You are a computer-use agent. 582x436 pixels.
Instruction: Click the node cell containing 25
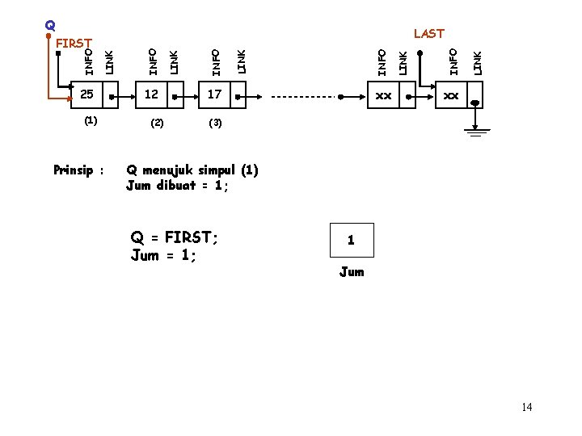[x=87, y=95]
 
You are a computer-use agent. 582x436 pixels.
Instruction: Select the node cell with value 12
[x=151, y=95]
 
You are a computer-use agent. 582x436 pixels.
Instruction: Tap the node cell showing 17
[x=214, y=95]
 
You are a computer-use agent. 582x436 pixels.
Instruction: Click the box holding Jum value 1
[x=351, y=240]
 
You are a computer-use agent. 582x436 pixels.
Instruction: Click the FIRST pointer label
[x=75, y=42]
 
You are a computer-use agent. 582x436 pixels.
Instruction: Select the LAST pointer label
[x=428, y=33]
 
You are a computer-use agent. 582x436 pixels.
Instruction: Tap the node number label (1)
[x=91, y=120]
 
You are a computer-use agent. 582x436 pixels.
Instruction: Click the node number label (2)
[x=157, y=124]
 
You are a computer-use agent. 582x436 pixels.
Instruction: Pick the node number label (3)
[x=215, y=124]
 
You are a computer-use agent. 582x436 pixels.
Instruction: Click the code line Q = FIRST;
[x=175, y=238]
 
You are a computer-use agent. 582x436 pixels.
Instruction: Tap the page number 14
[x=527, y=407]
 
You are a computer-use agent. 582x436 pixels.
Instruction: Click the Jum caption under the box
[x=352, y=271]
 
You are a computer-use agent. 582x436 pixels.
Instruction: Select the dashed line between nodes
[x=303, y=96]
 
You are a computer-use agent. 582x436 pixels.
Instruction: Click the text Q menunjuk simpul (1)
[x=192, y=170]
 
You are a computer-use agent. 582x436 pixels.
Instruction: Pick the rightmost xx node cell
[x=450, y=95]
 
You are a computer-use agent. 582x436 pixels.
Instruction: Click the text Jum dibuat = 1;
[x=178, y=185]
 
